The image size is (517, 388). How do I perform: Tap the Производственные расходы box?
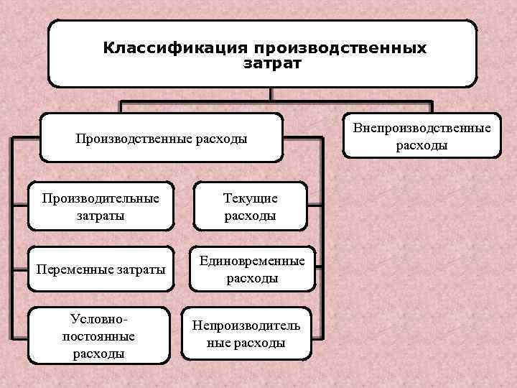(161, 138)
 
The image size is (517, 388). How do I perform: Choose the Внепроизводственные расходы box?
(421, 136)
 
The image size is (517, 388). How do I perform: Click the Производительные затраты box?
(100, 206)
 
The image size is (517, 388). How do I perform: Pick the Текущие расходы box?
(250, 206)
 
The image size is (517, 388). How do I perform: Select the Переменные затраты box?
(100, 269)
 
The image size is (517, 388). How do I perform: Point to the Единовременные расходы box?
(251, 269)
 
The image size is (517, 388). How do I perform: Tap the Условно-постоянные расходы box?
(98, 335)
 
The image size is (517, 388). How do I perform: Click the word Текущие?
(250, 198)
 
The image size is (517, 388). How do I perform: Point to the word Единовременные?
(252, 261)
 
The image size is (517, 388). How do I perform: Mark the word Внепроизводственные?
(421, 128)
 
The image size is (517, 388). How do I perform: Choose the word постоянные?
(98, 336)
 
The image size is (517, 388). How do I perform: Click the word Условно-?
(98, 318)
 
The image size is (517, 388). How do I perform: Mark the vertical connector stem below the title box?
(270, 94)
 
